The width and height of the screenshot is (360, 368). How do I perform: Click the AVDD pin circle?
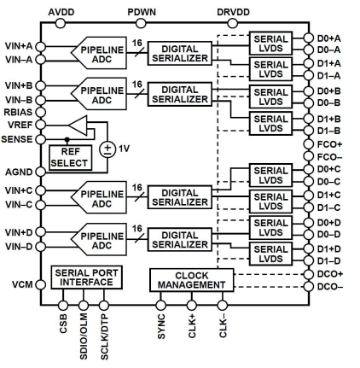(60, 23)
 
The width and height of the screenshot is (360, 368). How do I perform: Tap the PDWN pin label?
(142, 12)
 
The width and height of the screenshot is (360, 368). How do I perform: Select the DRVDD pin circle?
(232, 23)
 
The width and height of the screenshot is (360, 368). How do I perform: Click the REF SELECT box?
(71, 158)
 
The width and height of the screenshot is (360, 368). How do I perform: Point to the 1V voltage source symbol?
(107, 149)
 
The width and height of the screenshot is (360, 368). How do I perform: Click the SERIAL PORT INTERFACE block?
(86, 277)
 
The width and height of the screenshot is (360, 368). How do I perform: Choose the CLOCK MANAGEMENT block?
(192, 280)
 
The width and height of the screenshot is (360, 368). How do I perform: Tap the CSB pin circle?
(63, 306)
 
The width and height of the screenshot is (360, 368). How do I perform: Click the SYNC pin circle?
(160, 306)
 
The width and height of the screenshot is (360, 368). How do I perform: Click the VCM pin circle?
(41, 284)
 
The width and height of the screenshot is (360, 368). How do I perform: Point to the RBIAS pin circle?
(41, 112)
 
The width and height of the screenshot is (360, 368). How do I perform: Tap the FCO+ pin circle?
(309, 144)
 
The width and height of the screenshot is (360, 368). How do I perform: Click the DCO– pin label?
(330, 287)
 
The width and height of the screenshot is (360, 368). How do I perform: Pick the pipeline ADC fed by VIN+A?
(99, 53)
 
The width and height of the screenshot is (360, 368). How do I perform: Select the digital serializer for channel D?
(180, 239)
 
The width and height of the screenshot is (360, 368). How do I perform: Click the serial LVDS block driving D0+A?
(270, 44)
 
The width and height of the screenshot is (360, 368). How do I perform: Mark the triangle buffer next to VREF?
(78, 125)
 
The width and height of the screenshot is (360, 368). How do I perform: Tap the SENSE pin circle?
(41, 139)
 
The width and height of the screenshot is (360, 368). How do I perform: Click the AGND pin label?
(19, 172)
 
